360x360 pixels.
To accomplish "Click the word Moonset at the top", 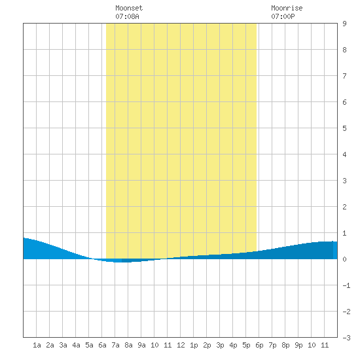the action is [x=129, y=8].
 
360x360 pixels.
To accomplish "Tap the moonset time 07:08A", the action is [x=127, y=16].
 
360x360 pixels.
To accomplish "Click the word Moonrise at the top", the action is [x=287, y=8].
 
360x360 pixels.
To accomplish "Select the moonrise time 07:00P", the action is [x=283, y=16].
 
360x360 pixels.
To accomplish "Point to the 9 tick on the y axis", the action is [x=344, y=24].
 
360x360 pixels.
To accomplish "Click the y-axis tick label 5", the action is [x=344, y=128].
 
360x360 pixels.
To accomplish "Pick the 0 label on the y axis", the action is [x=344, y=259].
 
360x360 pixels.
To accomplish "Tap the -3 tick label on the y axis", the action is [x=346, y=338].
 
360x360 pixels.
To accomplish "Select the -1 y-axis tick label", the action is [x=346, y=285].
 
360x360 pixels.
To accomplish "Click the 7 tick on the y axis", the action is [x=344, y=76].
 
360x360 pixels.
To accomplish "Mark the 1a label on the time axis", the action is [x=37, y=345].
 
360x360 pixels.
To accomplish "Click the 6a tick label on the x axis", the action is [x=102, y=345].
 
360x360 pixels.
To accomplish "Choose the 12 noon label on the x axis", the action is [x=181, y=345].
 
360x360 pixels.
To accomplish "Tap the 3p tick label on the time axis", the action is [x=220, y=345].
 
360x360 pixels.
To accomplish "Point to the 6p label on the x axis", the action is [x=259, y=345].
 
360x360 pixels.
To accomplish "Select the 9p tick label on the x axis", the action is [x=298, y=345].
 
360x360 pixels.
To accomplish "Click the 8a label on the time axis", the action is [x=128, y=345].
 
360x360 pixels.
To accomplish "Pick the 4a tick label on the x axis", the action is [x=76, y=345].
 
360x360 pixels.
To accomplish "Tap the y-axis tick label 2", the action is [x=344, y=207].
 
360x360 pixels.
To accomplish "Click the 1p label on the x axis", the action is [x=194, y=345].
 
